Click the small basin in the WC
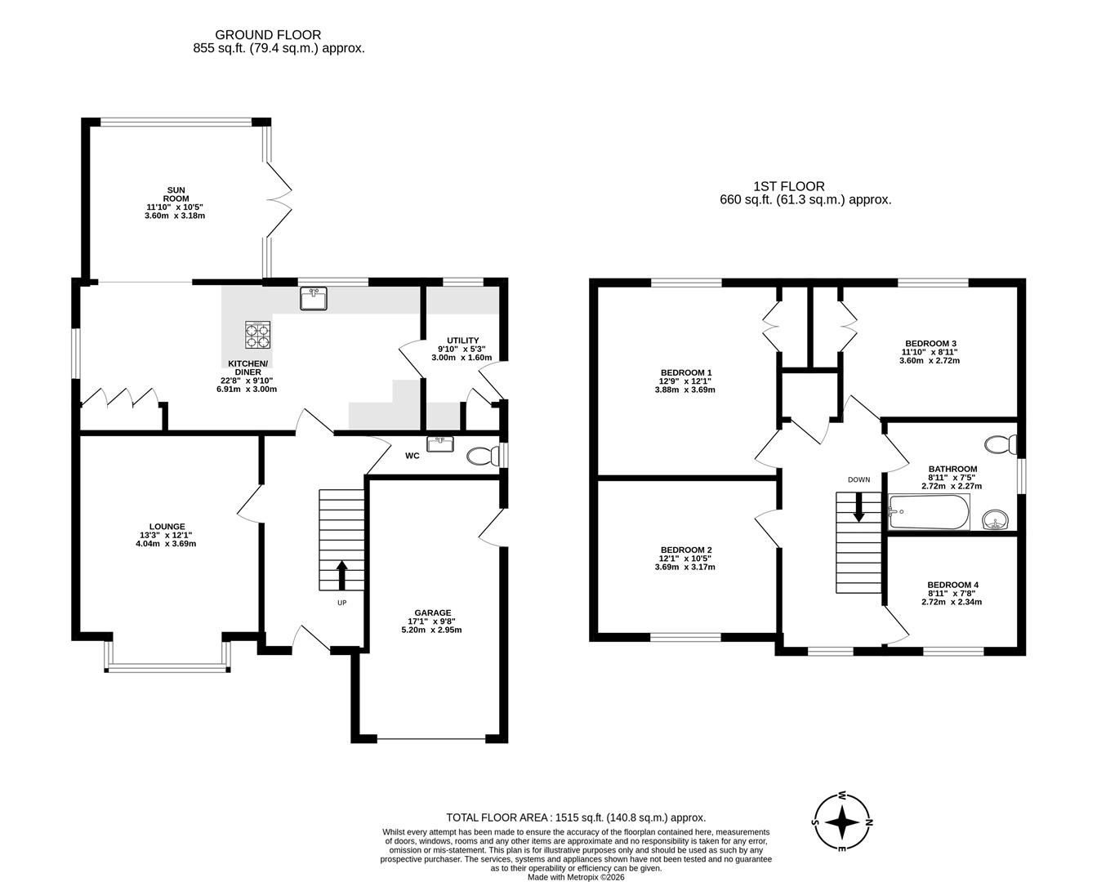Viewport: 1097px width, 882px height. (x=439, y=443)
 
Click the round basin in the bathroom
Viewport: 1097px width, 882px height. (x=995, y=519)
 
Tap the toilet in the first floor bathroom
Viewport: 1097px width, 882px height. (x=1000, y=445)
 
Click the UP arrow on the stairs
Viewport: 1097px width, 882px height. (x=341, y=574)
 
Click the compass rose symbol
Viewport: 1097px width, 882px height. (x=842, y=822)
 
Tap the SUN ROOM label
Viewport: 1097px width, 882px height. (x=175, y=194)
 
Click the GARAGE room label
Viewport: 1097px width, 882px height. (x=433, y=612)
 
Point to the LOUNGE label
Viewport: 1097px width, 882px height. (x=167, y=527)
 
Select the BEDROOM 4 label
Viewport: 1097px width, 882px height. (x=952, y=585)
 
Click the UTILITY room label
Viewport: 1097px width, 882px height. (x=462, y=341)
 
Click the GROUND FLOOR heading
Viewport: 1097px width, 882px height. (x=268, y=35)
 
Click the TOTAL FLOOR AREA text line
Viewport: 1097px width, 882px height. (x=576, y=817)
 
